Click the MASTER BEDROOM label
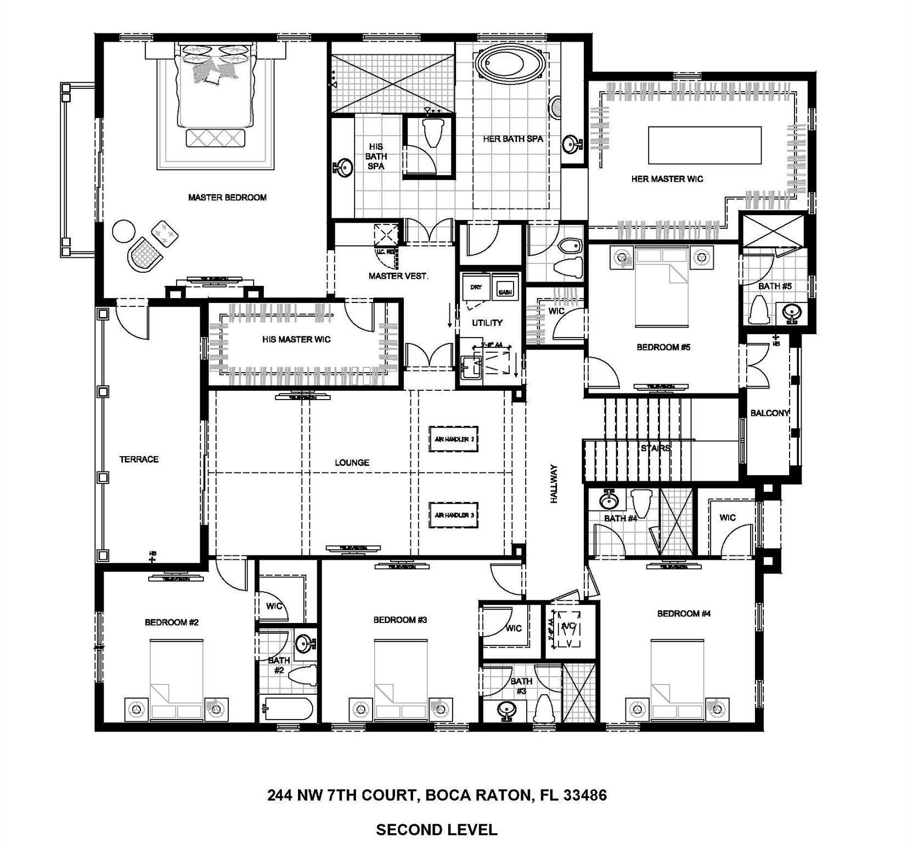tap(227, 198)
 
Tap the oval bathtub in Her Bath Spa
tap(510, 63)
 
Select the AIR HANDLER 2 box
tap(453, 439)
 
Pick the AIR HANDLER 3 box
tap(453, 515)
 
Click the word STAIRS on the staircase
tap(655, 448)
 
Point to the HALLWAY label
tap(554, 484)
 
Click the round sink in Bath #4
tap(607, 501)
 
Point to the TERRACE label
tap(139, 459)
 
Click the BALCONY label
tap(769, 413)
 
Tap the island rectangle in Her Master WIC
tap(705, 145)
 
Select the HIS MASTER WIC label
tap(296, 340)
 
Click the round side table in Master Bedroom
tap(122, 231)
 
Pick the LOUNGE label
tap(352, 463)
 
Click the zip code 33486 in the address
tap(585, 795)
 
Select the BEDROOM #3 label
tap(400, 620)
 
